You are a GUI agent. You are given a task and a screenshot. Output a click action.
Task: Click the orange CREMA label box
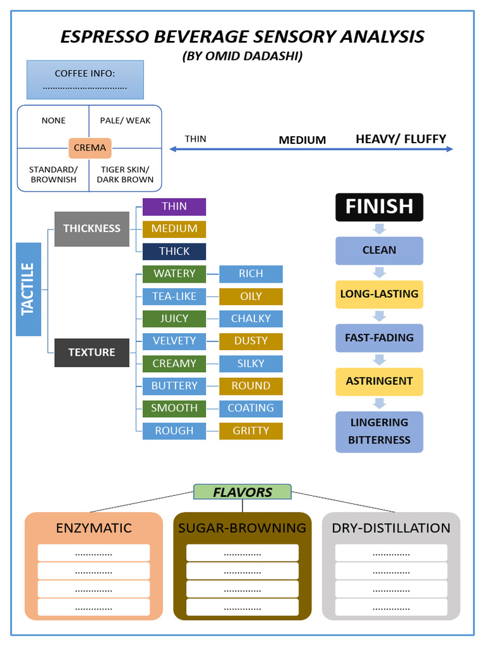click(x=90, y=148)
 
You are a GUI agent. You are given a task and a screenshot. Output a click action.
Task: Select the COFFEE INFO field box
click(x=85, y=79)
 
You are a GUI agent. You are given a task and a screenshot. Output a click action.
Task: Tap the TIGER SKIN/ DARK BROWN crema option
click(x=125, y=174)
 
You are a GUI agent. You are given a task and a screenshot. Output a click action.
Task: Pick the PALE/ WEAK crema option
click(x=125, y=120)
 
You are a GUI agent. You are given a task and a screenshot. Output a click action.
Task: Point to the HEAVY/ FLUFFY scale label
click(x=401, y=139)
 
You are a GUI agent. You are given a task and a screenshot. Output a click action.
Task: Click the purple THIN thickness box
click(x=174, y=206)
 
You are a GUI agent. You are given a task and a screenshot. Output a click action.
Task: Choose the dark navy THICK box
click(x=174, y=251)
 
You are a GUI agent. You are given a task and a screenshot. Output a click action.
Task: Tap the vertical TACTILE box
click(x=28, y=289)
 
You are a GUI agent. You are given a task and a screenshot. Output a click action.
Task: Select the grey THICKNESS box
click(x=92, y=228)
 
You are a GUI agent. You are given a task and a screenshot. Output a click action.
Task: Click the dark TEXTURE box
click(x=92, y=352)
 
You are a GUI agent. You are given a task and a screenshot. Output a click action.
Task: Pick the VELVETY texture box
click(x=174, y=341)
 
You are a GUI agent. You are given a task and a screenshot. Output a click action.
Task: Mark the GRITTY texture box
click(x=251, y=431)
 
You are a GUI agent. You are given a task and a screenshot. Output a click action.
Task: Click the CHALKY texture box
click(x=251, y=319)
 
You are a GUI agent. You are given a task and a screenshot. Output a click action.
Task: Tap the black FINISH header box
click(x=379, y=206)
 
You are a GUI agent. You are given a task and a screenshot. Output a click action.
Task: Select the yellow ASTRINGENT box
click(x=379, y=381)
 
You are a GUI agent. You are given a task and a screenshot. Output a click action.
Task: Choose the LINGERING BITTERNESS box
click(x=379, y=431)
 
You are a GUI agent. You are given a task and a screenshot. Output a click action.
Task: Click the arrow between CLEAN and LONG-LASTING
click(x=379, y=273)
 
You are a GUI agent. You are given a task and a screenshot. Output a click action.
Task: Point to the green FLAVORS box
click(x=242, y=492)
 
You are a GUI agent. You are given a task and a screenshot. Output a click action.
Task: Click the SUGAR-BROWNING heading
click(x=242, y=528)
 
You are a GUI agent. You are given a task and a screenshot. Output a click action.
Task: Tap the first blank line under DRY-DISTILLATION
click(x=391, y=553)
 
